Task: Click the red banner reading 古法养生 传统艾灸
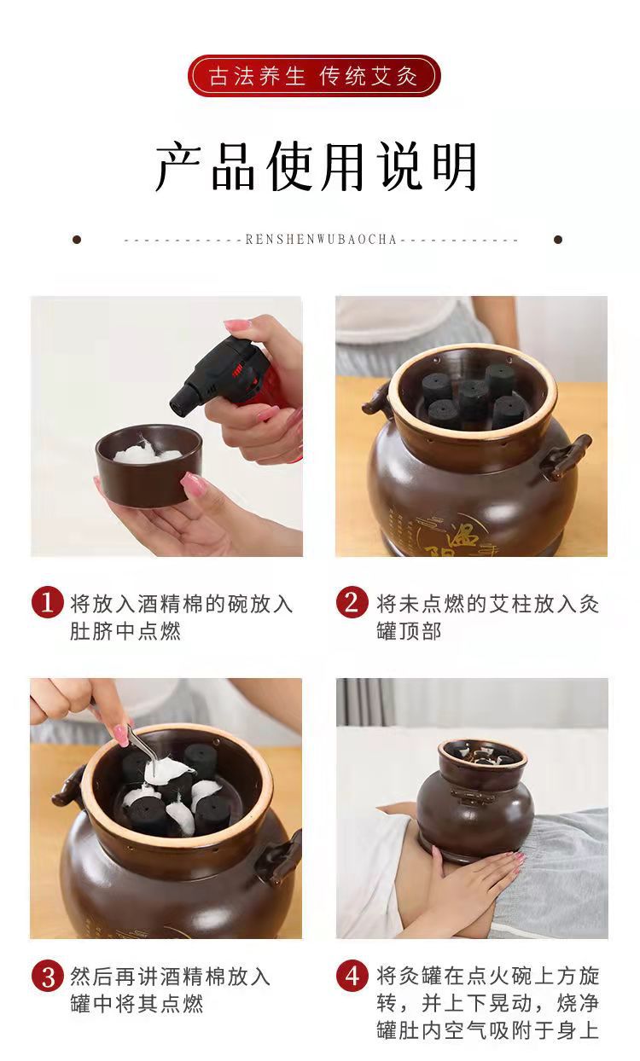point(314,76)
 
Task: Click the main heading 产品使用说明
point(317,166)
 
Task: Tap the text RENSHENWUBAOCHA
point(321,240)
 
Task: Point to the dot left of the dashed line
point(77,240)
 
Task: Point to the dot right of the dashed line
point(558,240)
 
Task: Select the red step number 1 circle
point(48,603)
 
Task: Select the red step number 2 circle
point(352,602)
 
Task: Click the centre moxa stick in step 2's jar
point(472,397)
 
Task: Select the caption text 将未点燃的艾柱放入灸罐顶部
point(488,617)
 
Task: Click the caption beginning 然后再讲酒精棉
point(170,990)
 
